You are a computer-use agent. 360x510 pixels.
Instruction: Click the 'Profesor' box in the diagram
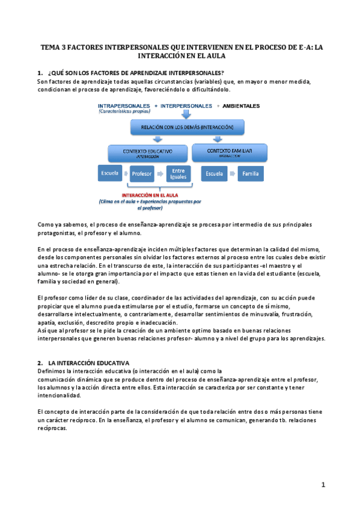coord(142,174)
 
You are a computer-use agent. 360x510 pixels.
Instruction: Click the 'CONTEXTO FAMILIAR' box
coord(229,152)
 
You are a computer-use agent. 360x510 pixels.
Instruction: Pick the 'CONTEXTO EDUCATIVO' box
coord(147,152)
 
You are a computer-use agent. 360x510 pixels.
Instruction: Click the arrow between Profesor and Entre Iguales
coord(160,174)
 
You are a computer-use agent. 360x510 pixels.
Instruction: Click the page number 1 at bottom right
coord(323,485)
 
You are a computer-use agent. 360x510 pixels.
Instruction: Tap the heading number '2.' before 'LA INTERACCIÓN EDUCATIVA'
coord(40,363)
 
